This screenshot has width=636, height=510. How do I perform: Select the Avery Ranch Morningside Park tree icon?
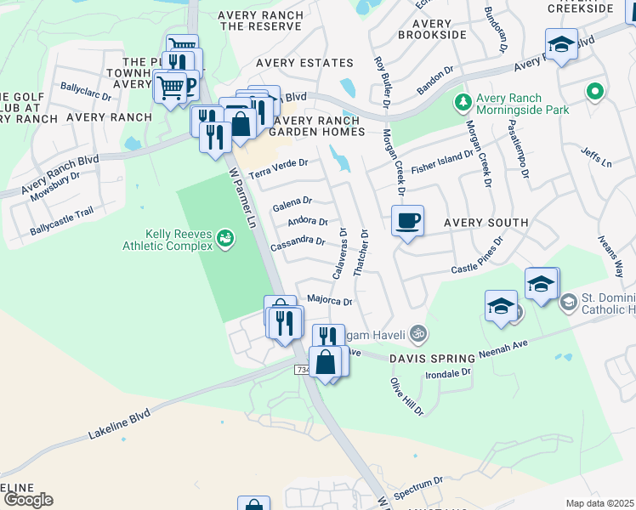click(x=463, y=103)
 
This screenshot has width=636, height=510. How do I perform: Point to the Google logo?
click(x=27, y=500)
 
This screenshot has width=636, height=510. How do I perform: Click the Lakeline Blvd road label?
click(x=118, y=423)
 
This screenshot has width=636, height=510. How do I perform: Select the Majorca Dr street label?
click(x=329, y=299)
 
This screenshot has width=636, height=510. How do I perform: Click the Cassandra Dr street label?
click(x=298, y=241)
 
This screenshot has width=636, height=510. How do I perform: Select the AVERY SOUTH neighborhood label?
click(x=485, y=223)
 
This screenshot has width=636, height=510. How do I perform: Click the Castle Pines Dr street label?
click(x=477, y=255)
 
